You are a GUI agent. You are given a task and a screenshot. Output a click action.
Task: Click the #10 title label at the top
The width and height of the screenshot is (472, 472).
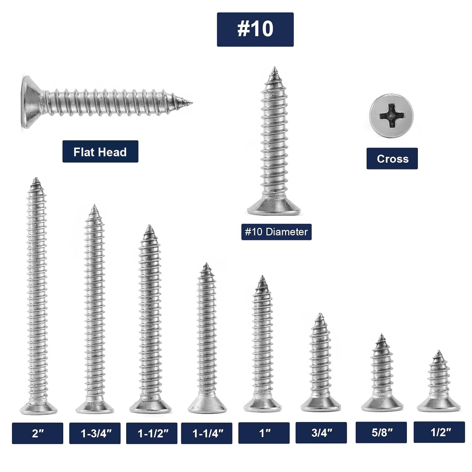[x=255, y=30]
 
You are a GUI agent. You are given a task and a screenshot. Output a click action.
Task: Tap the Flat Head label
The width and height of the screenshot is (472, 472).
[x=100, y=152]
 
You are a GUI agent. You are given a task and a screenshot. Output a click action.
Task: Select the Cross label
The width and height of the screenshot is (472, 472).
[x=392, y=159]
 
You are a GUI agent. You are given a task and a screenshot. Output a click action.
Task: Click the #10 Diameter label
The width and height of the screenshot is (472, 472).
[x=276, y=232]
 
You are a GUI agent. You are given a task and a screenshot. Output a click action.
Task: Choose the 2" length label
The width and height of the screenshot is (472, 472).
[x=37, y=433]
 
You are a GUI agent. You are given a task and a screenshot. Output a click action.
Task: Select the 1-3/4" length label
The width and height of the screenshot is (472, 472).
[x=95, y=433]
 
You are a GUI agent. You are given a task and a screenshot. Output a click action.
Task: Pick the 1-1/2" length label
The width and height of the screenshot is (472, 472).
[x=152, y=433]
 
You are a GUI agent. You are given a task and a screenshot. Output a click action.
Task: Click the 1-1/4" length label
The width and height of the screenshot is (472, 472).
[x=207, y=433]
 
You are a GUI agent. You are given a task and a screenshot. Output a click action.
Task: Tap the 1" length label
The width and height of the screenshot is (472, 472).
[x=264, y=433]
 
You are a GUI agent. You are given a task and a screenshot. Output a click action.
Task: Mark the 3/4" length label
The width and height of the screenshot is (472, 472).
[x=321, y=433]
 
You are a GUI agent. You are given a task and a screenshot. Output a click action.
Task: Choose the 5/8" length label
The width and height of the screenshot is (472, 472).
[x=381, y=432]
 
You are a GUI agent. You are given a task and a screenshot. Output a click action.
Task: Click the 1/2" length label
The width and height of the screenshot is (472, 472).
[x=439, y=432]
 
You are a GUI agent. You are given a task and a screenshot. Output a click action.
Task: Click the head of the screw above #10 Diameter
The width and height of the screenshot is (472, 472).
[x=274, y=208]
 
